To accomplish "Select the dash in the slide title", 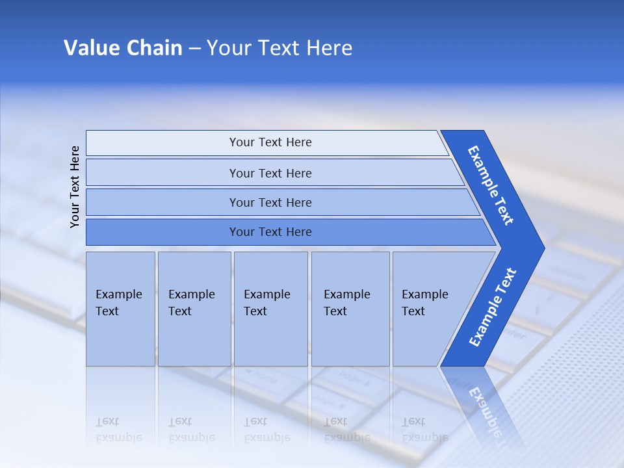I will click(x=194, y=49).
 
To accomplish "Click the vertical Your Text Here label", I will click(x=75, y=187).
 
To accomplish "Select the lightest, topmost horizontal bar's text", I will click(x=270, y=142).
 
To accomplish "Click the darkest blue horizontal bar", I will click(x=270, y=232).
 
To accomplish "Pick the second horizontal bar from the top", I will click(x=270, y=173).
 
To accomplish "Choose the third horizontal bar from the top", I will click(x=270, y=202).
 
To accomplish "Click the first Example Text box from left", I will click(x=120, y=309).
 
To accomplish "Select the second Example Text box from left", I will click(x=194, y=309).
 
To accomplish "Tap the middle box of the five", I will click(x=270, y=309).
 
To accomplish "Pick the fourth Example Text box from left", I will click(x=350, y=309).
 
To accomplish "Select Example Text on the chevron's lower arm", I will click(x=493, y=307).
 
